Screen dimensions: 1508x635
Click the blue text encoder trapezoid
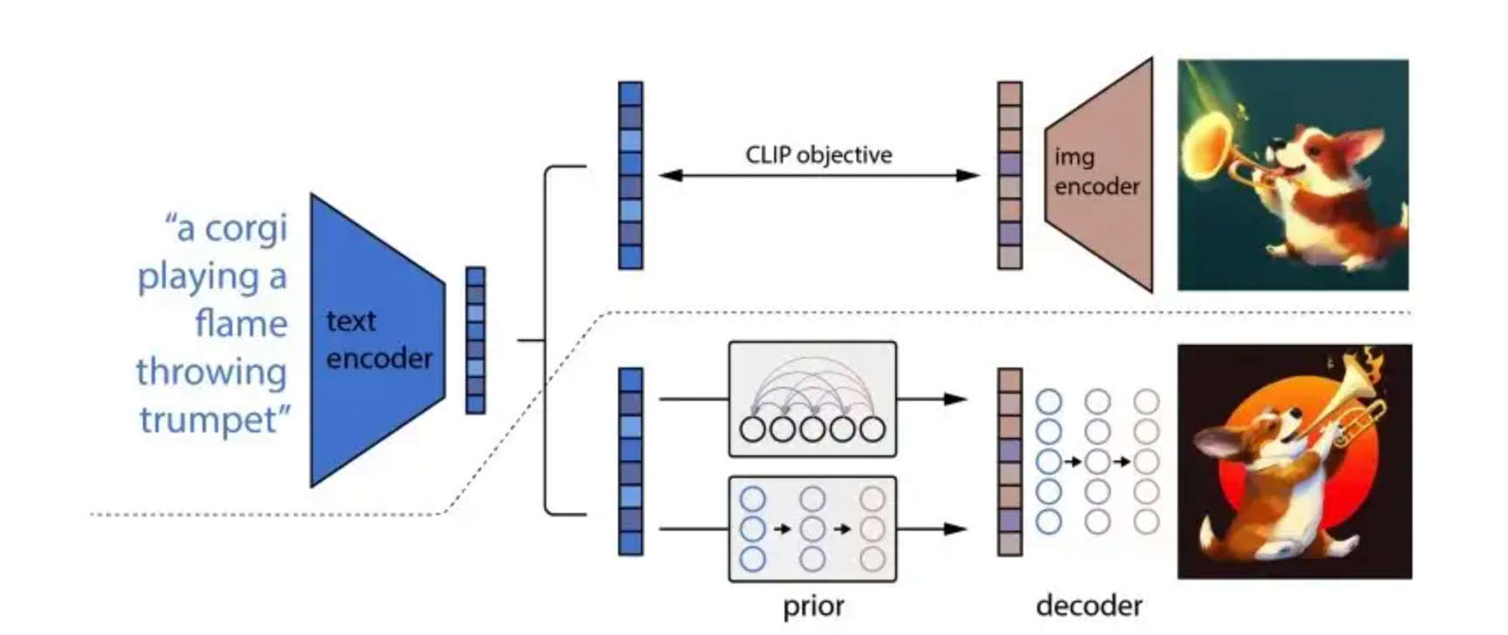[377, 340]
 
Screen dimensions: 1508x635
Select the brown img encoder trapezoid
[1099, 175]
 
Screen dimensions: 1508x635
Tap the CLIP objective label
[819, 155]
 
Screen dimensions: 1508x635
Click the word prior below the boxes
[814, 606]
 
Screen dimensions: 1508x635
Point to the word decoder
[1089, 605]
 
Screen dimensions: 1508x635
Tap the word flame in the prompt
[241, 323]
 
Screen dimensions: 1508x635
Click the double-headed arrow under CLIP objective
[819, 175]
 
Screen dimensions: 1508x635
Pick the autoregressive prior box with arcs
[813, 399]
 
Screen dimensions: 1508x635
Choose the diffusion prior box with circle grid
[813, 529]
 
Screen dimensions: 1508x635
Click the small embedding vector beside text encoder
[475, 340]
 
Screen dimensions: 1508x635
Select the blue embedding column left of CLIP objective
[630, 175]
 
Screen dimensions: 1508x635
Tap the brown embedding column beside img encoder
[1010, 175]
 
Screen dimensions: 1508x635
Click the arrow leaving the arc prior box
[932, 399]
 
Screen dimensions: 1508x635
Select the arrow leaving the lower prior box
[932, 529]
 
